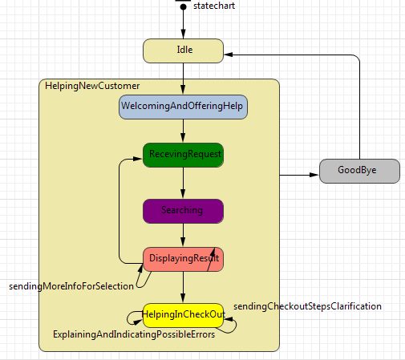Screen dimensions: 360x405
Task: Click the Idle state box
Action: pyautogui.click(x=183, y=51)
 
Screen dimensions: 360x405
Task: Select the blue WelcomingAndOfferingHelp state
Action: pyautogui.click(x=183, y=107)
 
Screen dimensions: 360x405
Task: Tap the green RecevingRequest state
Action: pyautogui.click(x=183, y=155)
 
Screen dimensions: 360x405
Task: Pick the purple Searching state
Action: pyautogui.click(x=183, y=211)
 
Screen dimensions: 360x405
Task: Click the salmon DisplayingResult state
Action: pyautogui.click(x=183, y=259)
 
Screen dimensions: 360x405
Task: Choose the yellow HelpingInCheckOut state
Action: pyautogui.click(x=183, y=314)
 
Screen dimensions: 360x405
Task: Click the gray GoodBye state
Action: pyautogui.click(x=358, y=171)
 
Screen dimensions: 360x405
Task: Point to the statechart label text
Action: pyautogui.click(x=214, y=6)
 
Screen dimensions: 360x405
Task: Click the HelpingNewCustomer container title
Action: pyautogui.click(x=92, y=86)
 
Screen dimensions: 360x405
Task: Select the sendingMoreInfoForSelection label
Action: pyautogui.click(x=71, y=286)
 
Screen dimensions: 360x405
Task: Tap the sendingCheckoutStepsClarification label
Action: pyautogui.click(x=307, y=306)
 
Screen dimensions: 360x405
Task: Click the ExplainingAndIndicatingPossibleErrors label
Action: pyautogui.click(x=133, y=335)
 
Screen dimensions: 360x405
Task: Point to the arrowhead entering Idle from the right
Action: pyautogui.click(x=229, y=55)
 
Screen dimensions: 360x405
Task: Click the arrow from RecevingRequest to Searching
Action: pyautogui.click(x=184, y=183)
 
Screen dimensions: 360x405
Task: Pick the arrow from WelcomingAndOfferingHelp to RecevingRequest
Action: pyautogui.click(x=184, y=131)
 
